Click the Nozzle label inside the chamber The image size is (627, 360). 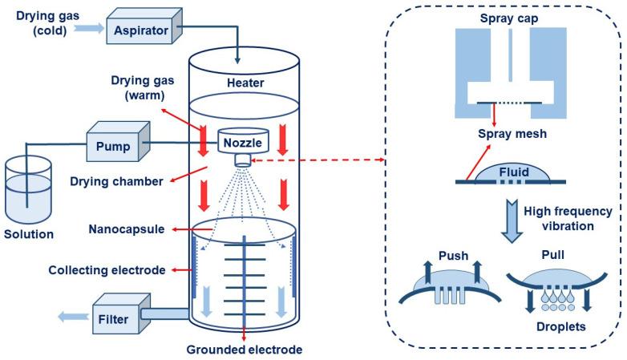click(x=243, y=141)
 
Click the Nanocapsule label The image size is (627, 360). click(x=122, y=229)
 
